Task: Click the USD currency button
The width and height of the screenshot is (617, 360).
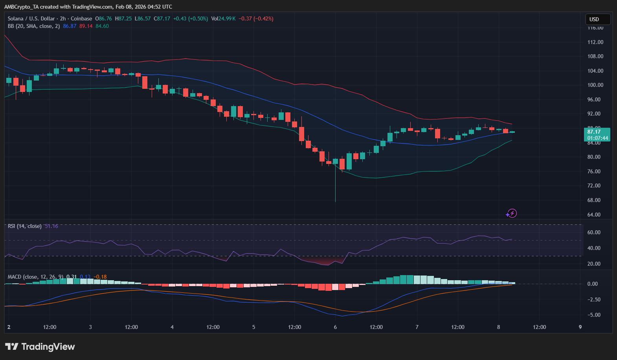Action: pyautogui.click(x=597, y=19)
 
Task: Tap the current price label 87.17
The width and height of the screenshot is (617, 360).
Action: pyautogui.click(x=597, y=132)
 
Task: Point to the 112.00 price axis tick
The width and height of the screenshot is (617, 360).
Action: pyautogui.click(x=595, y=42)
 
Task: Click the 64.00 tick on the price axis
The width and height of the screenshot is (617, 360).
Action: pyautogui.click(x=595, y=215)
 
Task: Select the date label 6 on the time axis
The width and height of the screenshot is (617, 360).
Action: pyautogui.click(x=335, y=327)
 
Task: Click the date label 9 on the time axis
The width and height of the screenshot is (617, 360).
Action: pyautogui.click(x=580, y=327)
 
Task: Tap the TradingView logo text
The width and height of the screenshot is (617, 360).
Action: pyautogui.click(x=48, y=347)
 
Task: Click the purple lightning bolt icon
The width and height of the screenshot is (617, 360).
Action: pyautogui.click(x=511, y=213)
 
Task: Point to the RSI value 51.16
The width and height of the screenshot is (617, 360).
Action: pyautogui.click(x=51, y=226)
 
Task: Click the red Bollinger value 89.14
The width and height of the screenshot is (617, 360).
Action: pyautogui.click(x=86, y=26)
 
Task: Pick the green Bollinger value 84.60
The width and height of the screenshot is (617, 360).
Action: pyautogui.click(x=102, y=26)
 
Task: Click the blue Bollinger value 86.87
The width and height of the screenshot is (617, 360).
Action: pyautogui.click(x=70, y=26)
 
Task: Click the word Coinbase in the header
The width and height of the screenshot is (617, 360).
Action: pyautogui.click(x=81, y=18)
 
